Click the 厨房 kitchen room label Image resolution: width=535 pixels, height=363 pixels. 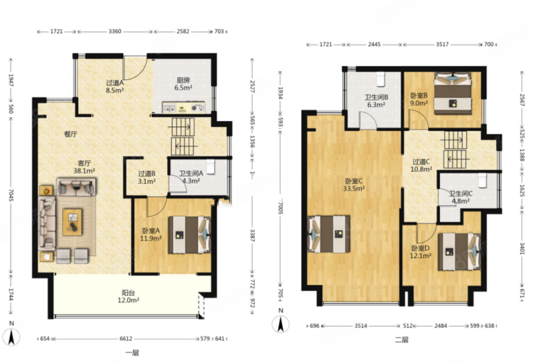183,80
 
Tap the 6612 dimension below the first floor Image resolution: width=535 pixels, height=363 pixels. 126,339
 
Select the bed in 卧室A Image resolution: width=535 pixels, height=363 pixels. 189,235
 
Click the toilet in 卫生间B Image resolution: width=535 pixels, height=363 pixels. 381,79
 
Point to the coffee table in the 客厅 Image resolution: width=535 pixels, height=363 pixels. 72,223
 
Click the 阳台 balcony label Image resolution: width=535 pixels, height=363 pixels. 128,293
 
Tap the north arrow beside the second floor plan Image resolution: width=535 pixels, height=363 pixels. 280,324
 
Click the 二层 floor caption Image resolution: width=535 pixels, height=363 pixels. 402,340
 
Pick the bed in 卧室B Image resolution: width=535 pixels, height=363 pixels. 453,94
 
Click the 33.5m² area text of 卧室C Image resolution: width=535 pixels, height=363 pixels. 354,188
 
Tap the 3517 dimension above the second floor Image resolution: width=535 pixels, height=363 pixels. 443,44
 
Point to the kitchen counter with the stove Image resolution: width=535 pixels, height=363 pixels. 183,108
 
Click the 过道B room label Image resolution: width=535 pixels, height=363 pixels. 146,174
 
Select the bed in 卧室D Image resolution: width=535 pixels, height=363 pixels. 459,252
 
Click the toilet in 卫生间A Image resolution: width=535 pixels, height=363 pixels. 211,167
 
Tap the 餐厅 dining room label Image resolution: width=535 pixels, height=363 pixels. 71,134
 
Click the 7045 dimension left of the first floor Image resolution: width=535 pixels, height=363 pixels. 11,195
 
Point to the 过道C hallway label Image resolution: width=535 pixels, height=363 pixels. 421,161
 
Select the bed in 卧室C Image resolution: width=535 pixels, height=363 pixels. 329,234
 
